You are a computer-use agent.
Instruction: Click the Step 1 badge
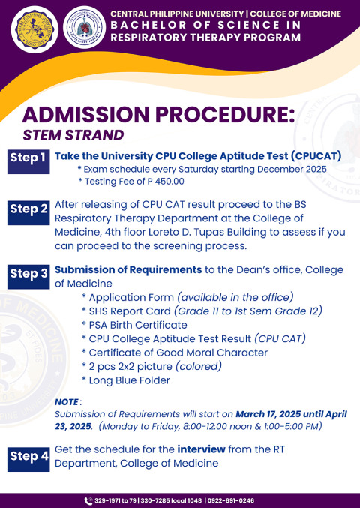pos(28,158)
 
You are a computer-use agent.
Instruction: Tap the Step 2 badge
pos(29,209)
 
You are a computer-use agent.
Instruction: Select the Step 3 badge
pos(29,275)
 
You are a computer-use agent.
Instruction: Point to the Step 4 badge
pos(29,455)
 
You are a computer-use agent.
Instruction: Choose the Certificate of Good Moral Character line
pos(178,353)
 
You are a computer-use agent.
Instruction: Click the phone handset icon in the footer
pos(88,500)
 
